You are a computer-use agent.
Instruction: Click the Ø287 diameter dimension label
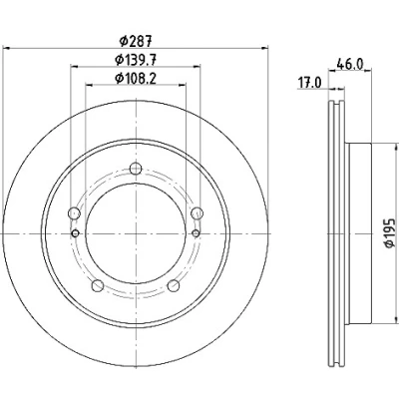[136, 41]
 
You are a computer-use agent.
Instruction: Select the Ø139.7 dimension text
[136, 60]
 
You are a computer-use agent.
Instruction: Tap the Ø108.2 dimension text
[136, 79]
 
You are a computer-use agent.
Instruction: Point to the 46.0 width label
[350, 64]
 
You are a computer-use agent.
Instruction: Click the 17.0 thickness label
[309, 83]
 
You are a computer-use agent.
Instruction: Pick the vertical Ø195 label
[389, 232]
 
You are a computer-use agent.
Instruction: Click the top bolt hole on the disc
[136, 169]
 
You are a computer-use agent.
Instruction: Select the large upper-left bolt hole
[74, 213]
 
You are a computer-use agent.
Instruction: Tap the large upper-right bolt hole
[198, 213]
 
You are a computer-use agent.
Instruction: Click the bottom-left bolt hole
[98, 285]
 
